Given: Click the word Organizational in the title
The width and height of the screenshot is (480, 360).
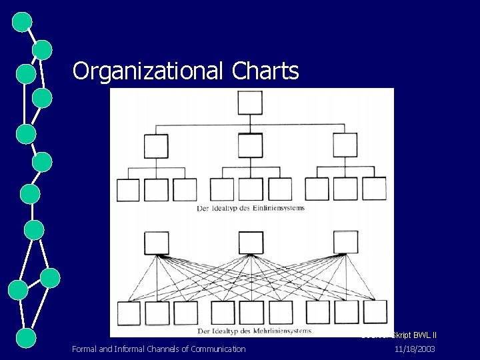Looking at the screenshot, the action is pos(150,71).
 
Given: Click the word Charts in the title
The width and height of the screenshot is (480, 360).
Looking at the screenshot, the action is pos(266,71).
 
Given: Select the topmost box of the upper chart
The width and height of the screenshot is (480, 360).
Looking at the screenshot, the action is pos(250,103).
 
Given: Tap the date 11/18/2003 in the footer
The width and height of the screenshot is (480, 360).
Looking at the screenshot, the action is pos(415,349).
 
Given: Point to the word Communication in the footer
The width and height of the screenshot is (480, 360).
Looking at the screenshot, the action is pos(218,349).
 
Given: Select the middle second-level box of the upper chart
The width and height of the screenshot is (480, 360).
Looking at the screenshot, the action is pos(250,146).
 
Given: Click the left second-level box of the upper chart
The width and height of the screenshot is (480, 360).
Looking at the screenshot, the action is pos(156,146).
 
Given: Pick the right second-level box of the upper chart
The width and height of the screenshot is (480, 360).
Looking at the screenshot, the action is pos(345,146).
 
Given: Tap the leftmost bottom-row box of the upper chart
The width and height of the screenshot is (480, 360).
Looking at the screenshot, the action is pos(128,190).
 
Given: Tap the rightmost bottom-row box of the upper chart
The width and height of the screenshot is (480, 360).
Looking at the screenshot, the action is pos(374,189).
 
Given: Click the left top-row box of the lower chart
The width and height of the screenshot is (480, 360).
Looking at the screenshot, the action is pos(156,243).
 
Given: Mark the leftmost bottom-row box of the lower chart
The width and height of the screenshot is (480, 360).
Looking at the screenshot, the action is pos(128,313).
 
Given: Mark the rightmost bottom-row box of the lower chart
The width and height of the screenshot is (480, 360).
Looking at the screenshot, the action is pos(375,312).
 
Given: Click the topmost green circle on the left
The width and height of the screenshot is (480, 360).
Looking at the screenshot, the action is pos(22,22).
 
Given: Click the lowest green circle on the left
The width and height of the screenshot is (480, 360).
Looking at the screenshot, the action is pos(25,337).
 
